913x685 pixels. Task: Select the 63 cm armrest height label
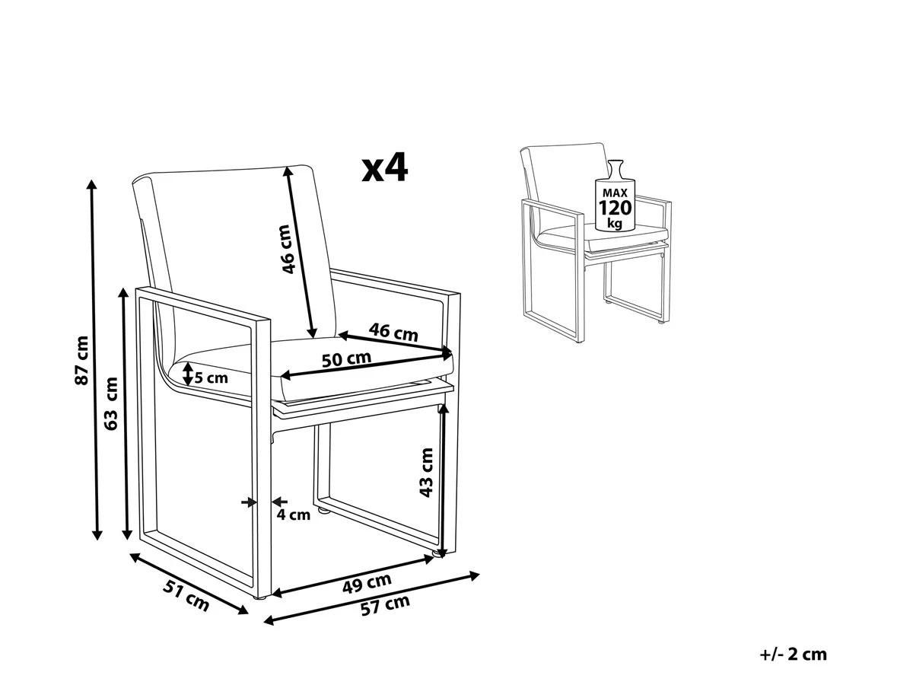[112, 403]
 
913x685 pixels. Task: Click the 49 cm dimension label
[367, 584]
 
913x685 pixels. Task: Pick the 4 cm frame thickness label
[293, 515]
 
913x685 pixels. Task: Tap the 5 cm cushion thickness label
[211, 377]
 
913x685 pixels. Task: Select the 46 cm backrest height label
[286, 250]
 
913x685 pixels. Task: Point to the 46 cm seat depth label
[393, 332]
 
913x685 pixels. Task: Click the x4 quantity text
[385, 168]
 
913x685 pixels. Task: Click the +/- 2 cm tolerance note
[793, 654]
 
